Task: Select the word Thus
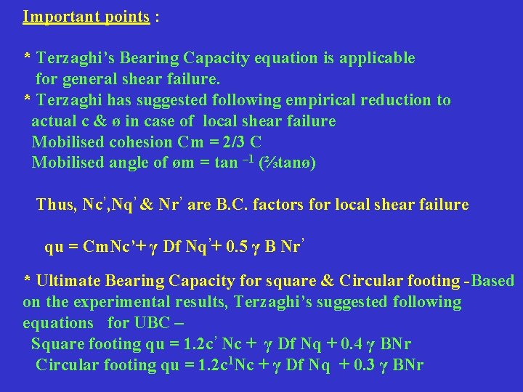tap(55, 205)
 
